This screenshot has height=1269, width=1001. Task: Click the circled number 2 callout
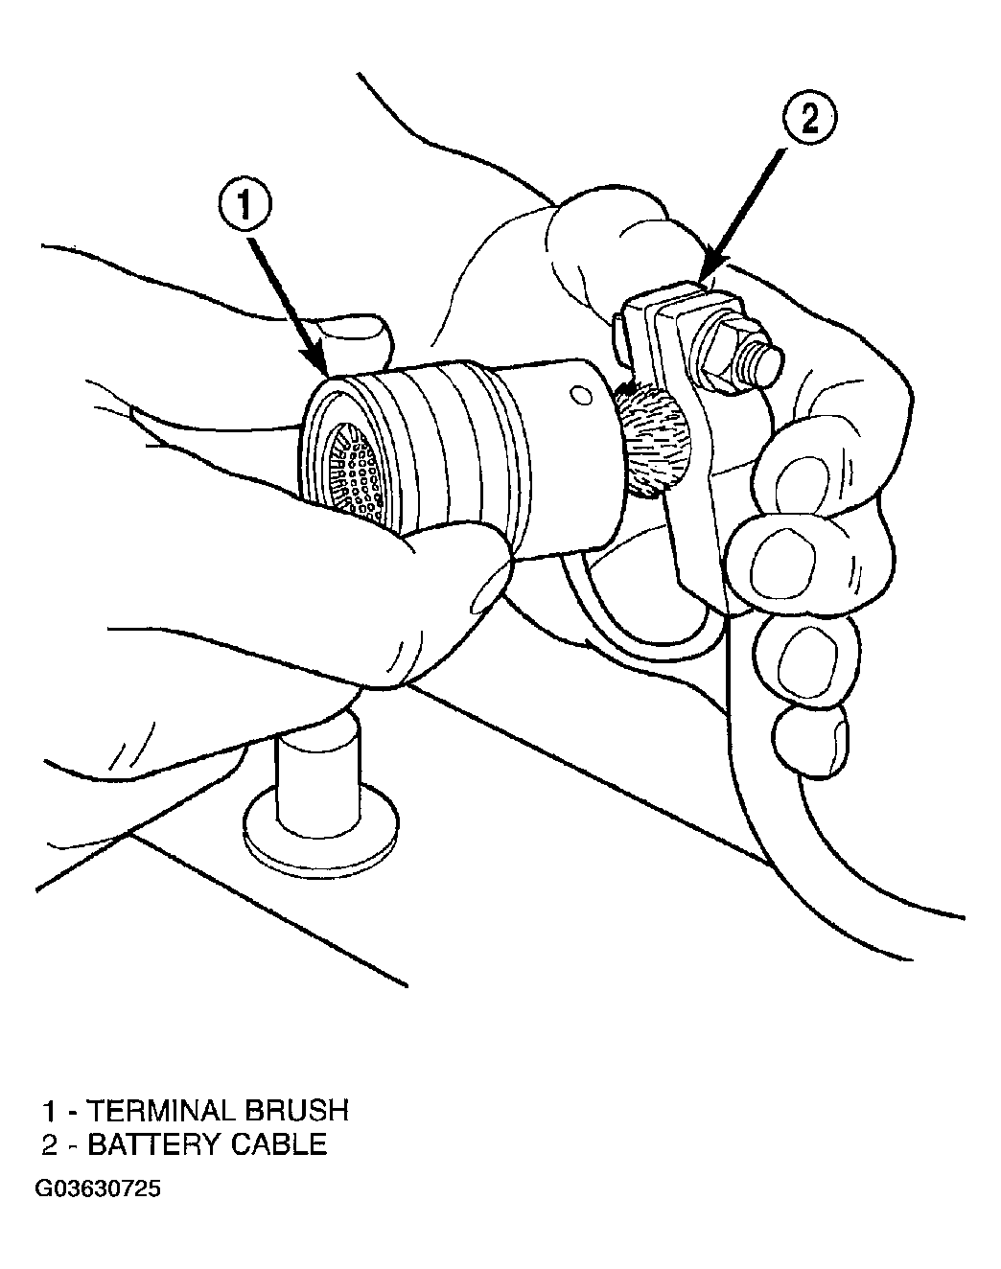(809, 121)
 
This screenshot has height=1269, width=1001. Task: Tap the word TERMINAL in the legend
(160, 1111)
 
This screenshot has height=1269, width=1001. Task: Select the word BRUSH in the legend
(296, 1111)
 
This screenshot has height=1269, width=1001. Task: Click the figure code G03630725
(98, 1189)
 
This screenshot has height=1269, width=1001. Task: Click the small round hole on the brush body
(582, 396)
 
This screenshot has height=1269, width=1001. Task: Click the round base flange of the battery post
(321, 824)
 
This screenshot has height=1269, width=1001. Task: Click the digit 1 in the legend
(50, 1111)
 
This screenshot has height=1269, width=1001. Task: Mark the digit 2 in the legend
(51, 1145)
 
